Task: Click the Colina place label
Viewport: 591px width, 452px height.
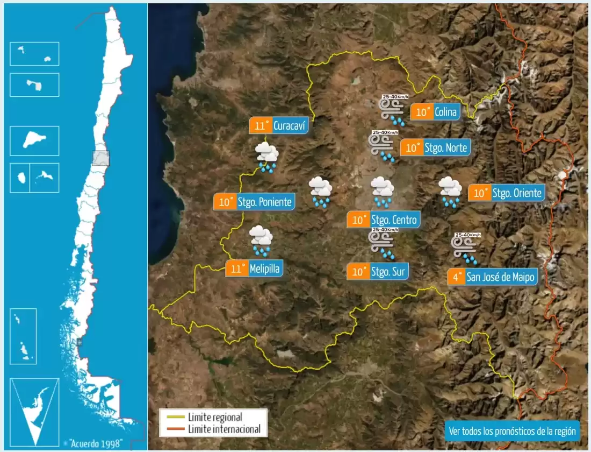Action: pyautogui.click(x=445, y=112)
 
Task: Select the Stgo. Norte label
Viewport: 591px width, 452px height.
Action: pyautogui.click(x=445, y=147)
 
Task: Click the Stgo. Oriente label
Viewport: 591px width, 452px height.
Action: pyautogui.click(x=516, y=193)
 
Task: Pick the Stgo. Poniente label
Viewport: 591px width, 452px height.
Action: pyautogui.click(x=265, y=202)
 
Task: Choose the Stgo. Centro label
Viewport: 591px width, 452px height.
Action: pyautogui.click(x=393, y=220)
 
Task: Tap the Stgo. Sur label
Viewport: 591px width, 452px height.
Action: pyautogui.click(x=388, y=271)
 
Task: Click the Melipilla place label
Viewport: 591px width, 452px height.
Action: pyautogui.click(x=264, y=269)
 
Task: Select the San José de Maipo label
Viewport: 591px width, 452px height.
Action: pyautogui.click(x=501, y=277)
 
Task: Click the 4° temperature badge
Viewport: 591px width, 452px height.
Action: pyautogui.click(x=457, y=277)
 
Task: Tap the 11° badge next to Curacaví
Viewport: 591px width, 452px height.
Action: pyautogui.click(x=261, y=126)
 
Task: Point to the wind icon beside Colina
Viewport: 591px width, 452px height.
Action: pyautogui.click(x=392, y=109)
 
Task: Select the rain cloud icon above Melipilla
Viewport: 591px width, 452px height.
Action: pyautogui.click(x=262, y=241)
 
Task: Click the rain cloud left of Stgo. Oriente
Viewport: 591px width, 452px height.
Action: pyautogui.click(x=450, y=192)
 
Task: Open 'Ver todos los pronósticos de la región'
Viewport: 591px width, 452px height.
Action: pyautogui.click(x=512, y=431)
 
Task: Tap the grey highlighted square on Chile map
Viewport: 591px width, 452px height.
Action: pyautogui.click(x=100, y=158)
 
